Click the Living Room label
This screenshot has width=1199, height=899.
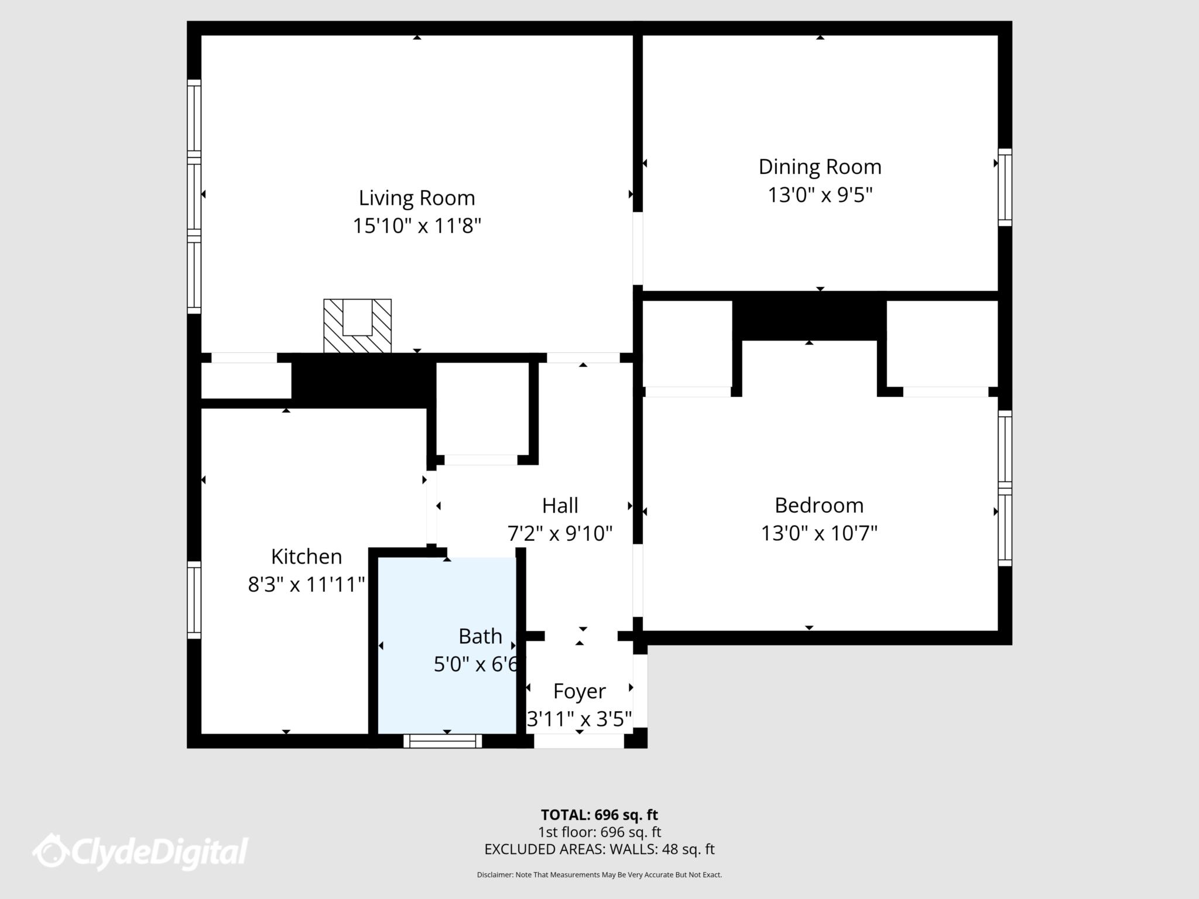coord(416,198)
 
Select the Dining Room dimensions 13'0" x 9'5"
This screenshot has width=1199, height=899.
coord(820,195)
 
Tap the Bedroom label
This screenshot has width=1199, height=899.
coord(818,505)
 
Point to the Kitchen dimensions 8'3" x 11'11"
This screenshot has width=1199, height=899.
coord(306,584)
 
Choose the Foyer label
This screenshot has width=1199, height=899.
coord(579,691)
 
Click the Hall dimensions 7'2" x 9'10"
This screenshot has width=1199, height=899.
coord(560,533)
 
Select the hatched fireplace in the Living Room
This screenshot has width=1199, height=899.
coord(357,326)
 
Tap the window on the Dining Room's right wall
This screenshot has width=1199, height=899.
coord(1005,187)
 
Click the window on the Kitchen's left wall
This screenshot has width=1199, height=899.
coord(194,600)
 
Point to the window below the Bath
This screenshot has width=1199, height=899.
coord(443,741)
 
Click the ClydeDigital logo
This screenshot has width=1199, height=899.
coord(141,852)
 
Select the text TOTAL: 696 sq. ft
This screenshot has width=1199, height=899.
coord(599,815)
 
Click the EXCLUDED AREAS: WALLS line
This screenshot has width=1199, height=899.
coord(599,849)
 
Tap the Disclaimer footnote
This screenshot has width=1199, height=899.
coord(599,874)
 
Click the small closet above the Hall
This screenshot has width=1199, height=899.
coord(482,409)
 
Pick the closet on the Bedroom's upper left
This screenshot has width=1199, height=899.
coord(687,344)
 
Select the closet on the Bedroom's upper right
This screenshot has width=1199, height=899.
coord(941,344)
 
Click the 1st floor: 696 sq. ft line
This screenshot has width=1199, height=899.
coord(599,832)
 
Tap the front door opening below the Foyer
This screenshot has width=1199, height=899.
coord(578,741)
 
